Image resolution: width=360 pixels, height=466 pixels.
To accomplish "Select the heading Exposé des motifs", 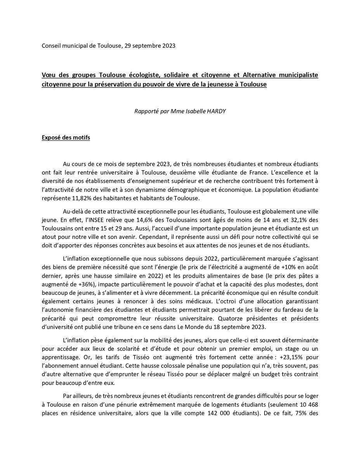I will coord(66,138).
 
